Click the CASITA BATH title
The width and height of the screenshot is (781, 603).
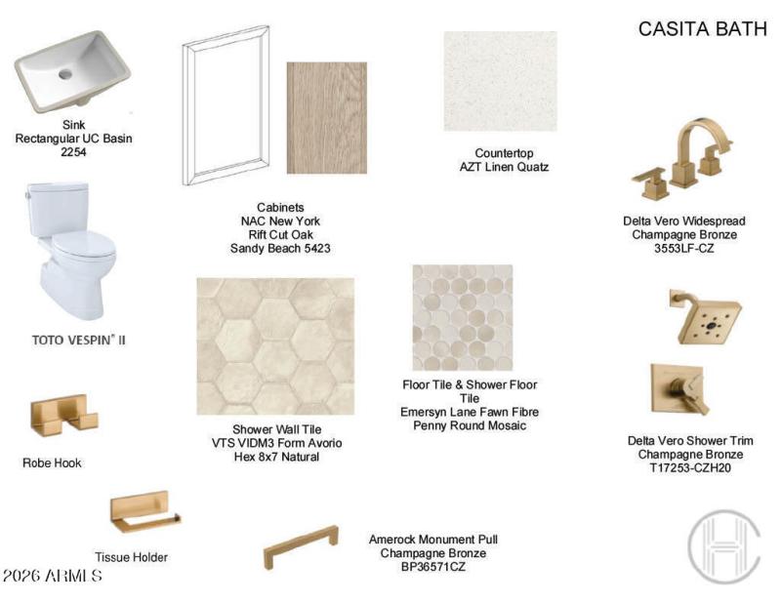(x=702, y=29)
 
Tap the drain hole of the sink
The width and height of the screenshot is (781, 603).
(x=65, y=73)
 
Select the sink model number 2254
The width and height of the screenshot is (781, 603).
(x=73, y=153)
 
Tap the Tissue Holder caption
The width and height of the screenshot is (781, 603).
(x=131, y=557)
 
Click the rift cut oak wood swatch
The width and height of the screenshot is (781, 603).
(x=326, y=118)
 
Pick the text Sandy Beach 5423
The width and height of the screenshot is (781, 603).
(x=280, y=249)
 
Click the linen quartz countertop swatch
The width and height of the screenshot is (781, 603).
(x=500, y=81)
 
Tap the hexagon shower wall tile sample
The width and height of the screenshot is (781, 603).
(x=275, y=345)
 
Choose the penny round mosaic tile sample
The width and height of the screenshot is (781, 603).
(x=462, y=317)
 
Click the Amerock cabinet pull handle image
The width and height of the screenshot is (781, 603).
(x=301, y=546)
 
